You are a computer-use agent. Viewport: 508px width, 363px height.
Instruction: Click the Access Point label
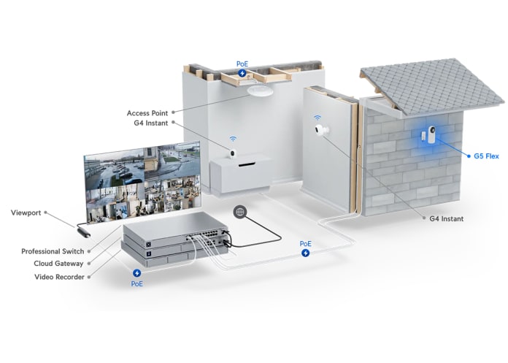pyautogui.click(x=147, y=113)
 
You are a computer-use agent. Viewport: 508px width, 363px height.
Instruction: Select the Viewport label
pyautogui.click(x=26, y=213)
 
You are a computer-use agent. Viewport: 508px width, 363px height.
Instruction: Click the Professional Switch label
pyautogui.click(x=52, y=251)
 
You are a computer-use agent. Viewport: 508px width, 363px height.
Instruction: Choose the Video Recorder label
pyautogui.click(x=59, y=277)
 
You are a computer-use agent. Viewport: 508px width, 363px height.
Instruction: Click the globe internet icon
pyautogui.click(x=239, y=212)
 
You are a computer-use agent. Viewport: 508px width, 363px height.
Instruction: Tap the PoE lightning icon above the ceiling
pyautogui.click(x=242, y=72)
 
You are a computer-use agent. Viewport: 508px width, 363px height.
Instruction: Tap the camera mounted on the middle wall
pyautogui.click(x=320, y=131)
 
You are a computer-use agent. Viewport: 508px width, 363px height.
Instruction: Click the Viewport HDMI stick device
pyautogui.click(x=82, y=232)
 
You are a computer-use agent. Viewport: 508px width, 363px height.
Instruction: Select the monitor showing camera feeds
pyautogui.click(x=142, y=183)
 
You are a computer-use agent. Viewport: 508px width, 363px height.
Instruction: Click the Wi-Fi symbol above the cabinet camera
pyautogui.click(x=233, y=138)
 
